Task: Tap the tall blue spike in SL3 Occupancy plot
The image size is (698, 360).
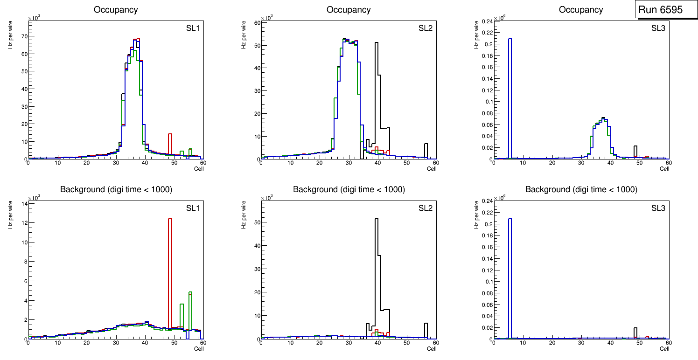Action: (x=510, y=93)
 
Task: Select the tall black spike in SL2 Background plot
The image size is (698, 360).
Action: (x=377, y=270)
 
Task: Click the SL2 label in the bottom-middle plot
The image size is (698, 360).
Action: (x=426, y=208)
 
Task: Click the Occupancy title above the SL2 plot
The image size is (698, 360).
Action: (x=349, y=10)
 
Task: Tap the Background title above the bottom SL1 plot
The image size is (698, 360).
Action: (x=116, y=190)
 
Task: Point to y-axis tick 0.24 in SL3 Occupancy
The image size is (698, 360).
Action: (x=486, y=21)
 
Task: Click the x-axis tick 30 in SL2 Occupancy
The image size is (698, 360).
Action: (x=349, y=163)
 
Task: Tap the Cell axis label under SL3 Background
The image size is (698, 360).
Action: (x=664, y=349)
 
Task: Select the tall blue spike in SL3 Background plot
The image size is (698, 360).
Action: (x=510, y=275)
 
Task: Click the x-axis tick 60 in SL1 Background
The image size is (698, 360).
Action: (x=202, y=343)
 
